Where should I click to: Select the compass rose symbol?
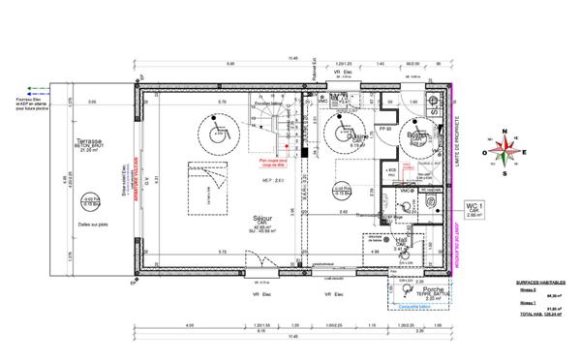click(x=503, y=149)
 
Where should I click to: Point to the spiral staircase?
click(x=280, y=123)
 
